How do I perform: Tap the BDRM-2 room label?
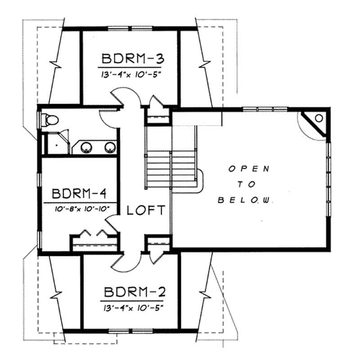[x=133, y=293]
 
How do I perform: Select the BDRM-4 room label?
[x=79, y=194]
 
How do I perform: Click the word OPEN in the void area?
[x=249, y=169]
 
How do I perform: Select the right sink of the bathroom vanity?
[x=109, y=147]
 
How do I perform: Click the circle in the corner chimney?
[x=319, y=118]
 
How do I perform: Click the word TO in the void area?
[x=249, y=184]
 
